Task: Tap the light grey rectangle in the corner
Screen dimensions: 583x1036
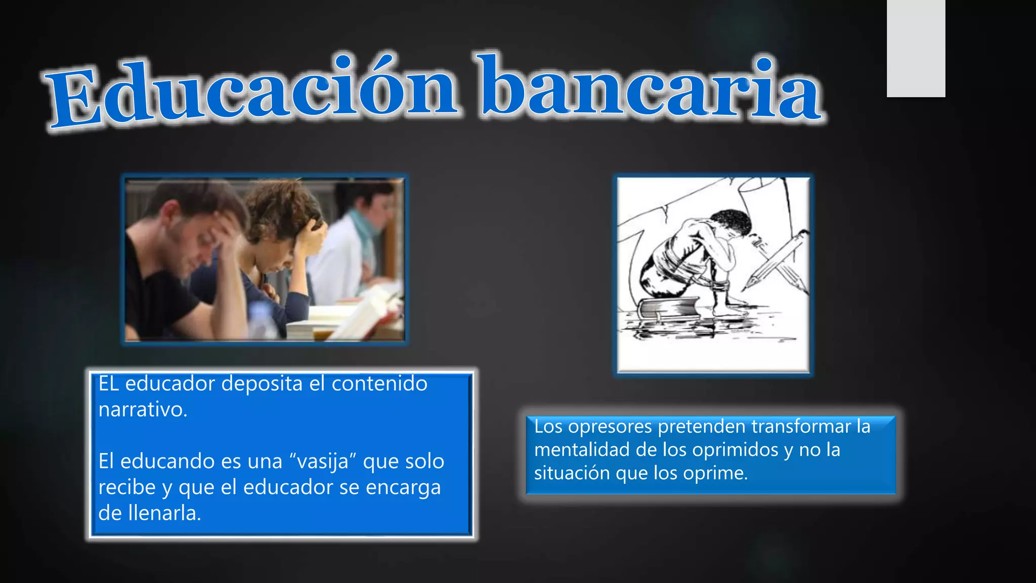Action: (916, 48)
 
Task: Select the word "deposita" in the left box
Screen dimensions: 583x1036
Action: (262, 384)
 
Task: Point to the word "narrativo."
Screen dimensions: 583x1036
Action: (143, 409)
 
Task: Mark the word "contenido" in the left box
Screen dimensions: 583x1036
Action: (379, 384)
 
